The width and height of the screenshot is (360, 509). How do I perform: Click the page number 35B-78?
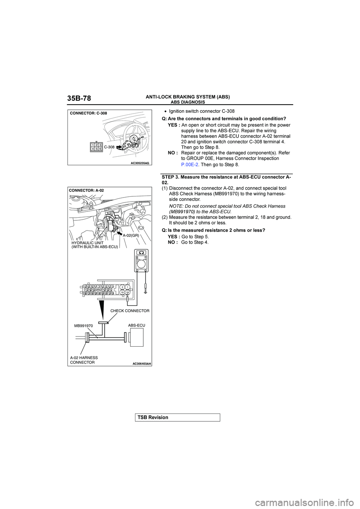(x=79, y=99)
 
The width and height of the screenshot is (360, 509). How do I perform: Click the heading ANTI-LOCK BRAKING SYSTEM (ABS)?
(x=187, y=97)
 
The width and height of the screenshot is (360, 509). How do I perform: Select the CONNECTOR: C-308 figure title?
(x=88, y=113)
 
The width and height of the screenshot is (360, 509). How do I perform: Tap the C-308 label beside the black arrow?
(x=109, y=147)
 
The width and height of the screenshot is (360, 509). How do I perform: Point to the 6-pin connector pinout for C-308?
(x=96, y=147)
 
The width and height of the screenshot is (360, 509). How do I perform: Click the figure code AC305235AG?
(x=140, y=163)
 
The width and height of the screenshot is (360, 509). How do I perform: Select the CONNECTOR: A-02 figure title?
(x=86, y=190)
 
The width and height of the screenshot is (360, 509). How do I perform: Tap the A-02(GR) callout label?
(x=131, y=235)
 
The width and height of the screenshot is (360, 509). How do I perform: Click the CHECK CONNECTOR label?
(x=130, y=311)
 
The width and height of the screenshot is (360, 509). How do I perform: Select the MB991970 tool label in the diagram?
(x=84, y=326)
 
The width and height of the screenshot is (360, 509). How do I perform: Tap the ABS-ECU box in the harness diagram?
(x=136, y=338)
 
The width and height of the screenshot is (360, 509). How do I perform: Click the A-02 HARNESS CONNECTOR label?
(x=84, y=360)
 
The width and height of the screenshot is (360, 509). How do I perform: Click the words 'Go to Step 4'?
(x=195, y=242)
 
